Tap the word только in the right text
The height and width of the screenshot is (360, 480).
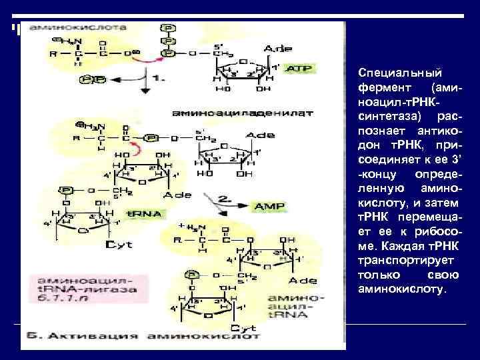coord(377,275)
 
